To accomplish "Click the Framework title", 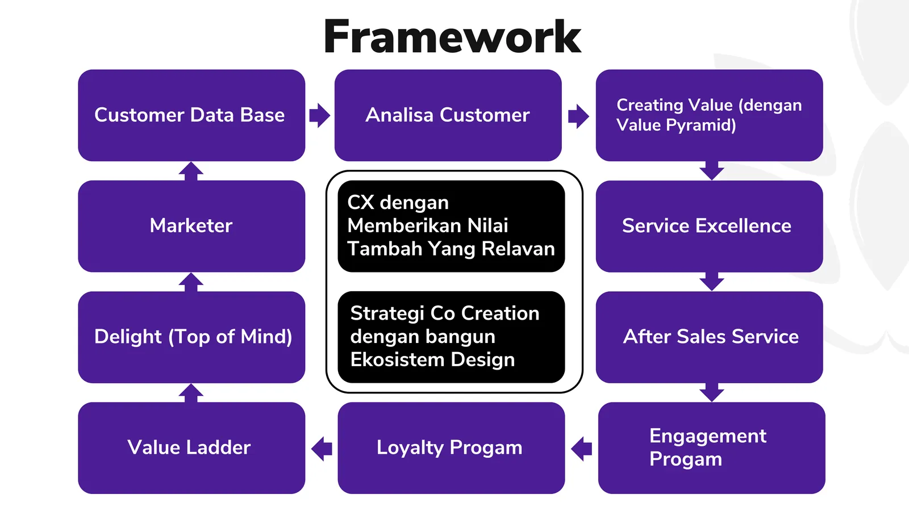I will point(452,37).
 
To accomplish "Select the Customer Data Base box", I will point(191,115).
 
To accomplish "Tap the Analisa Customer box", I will point(448,115).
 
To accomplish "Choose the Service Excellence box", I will point(708,226).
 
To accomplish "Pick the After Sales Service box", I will point(708,337).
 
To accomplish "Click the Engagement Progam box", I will point(711,447).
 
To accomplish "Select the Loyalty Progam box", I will point(451,447).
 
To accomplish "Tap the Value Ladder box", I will point(191,447).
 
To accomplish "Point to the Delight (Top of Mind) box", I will point(191,337).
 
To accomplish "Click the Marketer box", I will point(191,226).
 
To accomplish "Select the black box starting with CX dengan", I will point(451,226).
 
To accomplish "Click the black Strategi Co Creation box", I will point(451,337).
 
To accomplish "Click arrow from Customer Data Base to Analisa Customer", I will point(320,115).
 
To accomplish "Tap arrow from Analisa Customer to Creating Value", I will point(578,116).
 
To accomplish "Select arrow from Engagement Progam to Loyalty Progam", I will point(581,449).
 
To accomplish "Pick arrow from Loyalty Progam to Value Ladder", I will point(322,449).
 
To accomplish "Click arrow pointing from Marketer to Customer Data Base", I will point(191,171).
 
